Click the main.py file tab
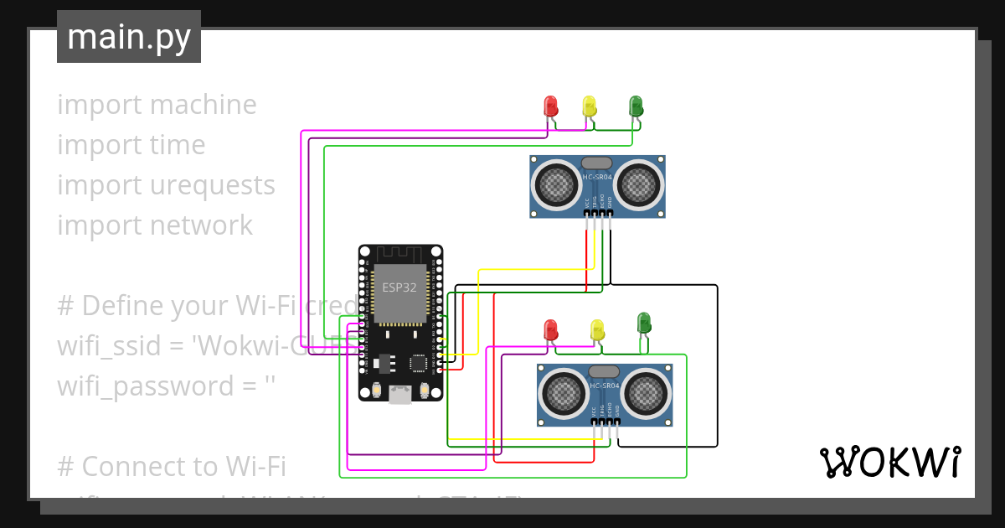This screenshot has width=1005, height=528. (x=129, y=37)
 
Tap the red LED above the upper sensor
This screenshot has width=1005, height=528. (x=550, y=106)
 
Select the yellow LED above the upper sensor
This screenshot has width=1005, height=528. (x=589, y=106)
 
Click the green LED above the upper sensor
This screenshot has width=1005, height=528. (x=636, y=106)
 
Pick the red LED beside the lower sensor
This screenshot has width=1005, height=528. (x=550, y=329)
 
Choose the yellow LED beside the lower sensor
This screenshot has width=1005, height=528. (x=597, y=329)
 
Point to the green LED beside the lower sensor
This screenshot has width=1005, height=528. (x=643, y=322)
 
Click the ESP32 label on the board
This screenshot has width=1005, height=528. (x=399, y=287)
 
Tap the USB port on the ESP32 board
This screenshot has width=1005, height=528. (x=400, y=394)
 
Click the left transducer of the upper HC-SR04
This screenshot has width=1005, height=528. (x=554, y=182)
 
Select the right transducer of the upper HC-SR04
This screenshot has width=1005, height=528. (x=641, y=182)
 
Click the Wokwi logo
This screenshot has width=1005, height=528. (x=889, y=462)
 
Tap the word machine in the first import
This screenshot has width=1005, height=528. (x=204, y=105)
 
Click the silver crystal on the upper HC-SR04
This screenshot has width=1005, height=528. (x=597, y=163)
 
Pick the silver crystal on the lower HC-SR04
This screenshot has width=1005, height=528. (x=604, y=371)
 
